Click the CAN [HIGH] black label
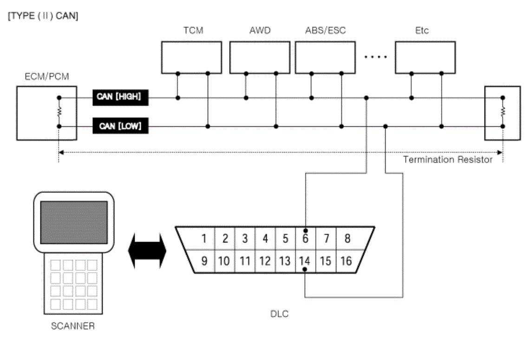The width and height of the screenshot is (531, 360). pyautogui.click(x=120, y=98)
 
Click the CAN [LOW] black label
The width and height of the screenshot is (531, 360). pyautogui.click(x=120, y=126)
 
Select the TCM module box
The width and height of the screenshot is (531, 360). pyautogui.click(x=192, y=58)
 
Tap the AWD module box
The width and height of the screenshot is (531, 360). pyautogui.click(x=260, y=58)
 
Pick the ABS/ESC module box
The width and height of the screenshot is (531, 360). pyautogui.click(x=325, y=58)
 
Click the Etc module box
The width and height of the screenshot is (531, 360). pyautogui.click(x=426, y=58)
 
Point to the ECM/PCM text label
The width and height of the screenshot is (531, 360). pyautogui.click(x=47, y=77)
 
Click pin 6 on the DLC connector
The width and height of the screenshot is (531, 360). pyautogui.click(x=306, y=238)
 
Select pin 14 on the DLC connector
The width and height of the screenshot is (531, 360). pyautogui.click(x=305, y=261)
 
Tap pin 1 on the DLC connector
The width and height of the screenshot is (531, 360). pyautogui.click(x=204, y=238)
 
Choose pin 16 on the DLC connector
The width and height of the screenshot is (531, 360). pyautogui.click(x=346, y=261)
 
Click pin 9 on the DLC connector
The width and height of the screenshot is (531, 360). pyautogui.click(x=204, y=261)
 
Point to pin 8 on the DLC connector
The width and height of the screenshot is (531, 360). pyautogui.click(x=347, y=238)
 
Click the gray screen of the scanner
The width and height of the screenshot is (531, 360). pyautogui.click(x=74, y=223)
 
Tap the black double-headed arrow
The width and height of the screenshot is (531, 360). pyautogui.click(x=147, y=251)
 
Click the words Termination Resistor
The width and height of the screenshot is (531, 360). pyautogui.click(x=448, y=159)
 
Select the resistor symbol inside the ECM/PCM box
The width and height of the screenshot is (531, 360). pyautogui.click(x=59, y=112)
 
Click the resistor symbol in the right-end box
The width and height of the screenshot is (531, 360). pyautogui.click(x=503, y=112)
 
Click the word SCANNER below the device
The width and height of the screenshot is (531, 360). pyautogui.click(x=73, y=326)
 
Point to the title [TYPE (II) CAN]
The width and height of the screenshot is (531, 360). pyautogui.click(x=43, y=16)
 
